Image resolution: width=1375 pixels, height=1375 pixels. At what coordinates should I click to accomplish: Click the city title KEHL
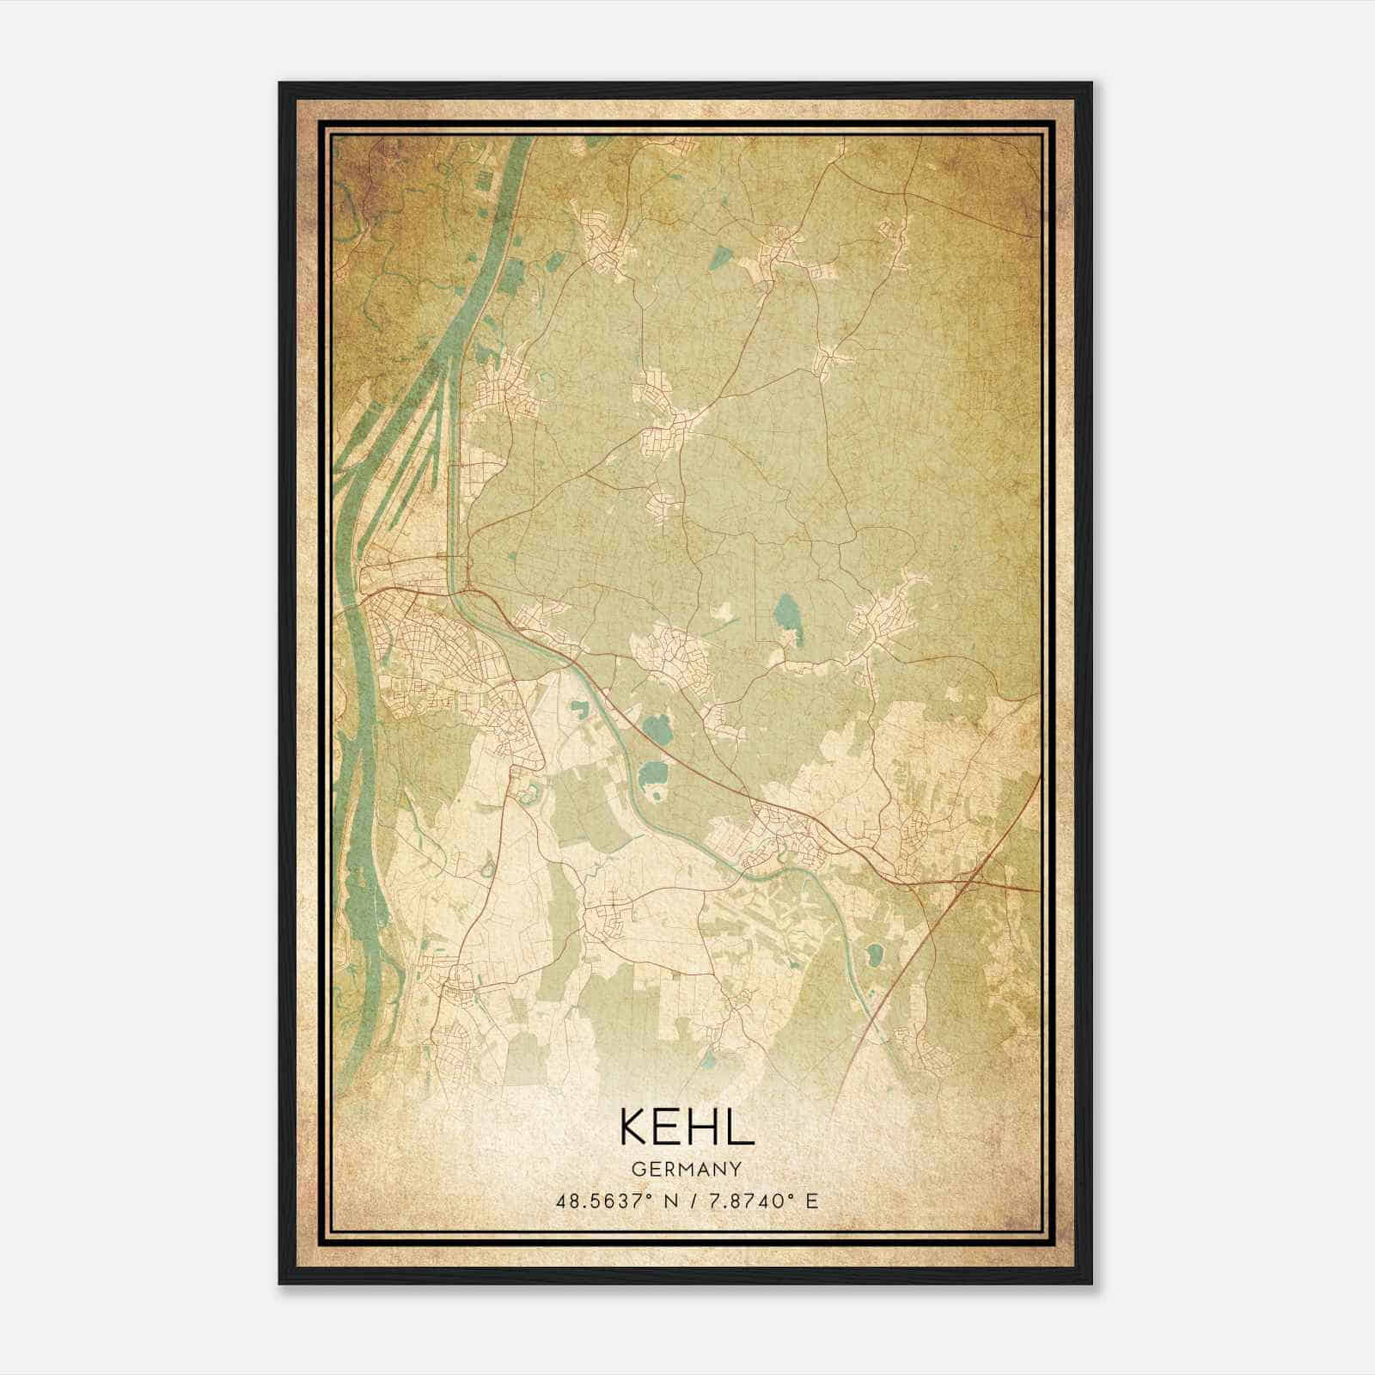(686, 1127)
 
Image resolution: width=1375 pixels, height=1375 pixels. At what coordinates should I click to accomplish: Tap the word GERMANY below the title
(687, 1169)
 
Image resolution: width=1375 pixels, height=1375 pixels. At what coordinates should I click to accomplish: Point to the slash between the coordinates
(694, 1201)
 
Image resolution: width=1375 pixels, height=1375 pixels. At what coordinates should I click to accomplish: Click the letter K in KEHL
(632, 1127)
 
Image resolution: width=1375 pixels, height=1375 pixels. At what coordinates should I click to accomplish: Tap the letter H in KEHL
(703, 1127)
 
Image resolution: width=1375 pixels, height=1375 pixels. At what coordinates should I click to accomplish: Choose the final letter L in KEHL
(740, 1127)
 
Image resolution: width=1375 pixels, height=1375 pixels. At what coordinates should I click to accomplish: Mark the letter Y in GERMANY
(736, 1169)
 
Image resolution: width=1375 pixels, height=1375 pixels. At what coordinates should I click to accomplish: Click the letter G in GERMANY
(637, 1169)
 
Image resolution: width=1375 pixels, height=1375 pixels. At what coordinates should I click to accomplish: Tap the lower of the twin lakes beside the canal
(657, 774)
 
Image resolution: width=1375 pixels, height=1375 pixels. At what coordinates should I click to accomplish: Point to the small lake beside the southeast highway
(875, 953)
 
